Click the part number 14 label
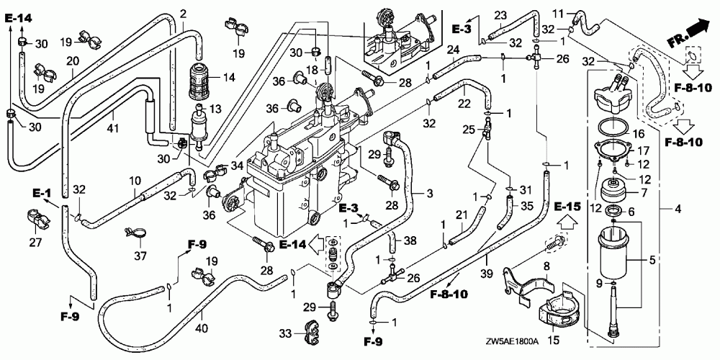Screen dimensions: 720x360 229,78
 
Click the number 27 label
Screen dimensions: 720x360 35,242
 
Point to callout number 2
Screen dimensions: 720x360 183,14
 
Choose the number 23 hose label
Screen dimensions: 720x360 500,16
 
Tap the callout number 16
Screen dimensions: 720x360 639,134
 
